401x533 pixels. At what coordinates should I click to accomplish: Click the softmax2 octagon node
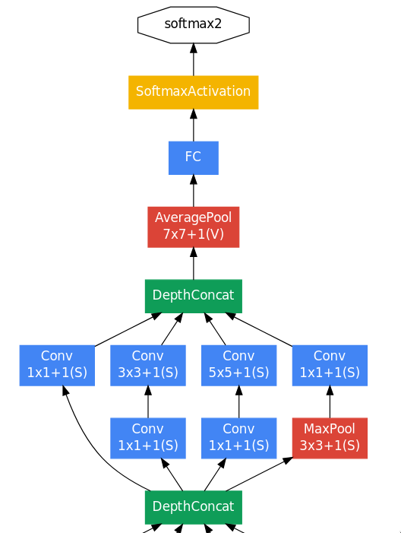tap(194, 24)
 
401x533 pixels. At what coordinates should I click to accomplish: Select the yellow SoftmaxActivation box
tap(194, 92)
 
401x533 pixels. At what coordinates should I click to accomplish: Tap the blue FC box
tap(194, 157)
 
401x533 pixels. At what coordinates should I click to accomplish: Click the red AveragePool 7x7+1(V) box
tap(194, 227)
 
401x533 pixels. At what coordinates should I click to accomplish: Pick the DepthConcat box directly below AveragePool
tap(194, 296)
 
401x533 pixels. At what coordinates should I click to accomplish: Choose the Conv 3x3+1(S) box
tap(148, 366)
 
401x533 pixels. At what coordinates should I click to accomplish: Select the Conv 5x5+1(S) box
tap(239, 366)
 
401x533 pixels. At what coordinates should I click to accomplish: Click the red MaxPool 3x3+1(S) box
tap(330, 438)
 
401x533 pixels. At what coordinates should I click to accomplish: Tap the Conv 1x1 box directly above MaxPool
tap(330, 366)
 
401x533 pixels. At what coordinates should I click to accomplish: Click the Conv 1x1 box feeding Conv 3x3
tap(148, 438)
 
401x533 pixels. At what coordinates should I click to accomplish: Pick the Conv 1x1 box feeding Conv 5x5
tap(239, 438)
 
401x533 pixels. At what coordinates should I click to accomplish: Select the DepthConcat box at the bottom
tap(194, 507)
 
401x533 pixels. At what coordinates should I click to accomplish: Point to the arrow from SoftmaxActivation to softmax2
tap(194, 59)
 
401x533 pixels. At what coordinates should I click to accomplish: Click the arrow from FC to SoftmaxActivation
tap(194, 125)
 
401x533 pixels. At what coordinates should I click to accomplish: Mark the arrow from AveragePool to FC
tap(194, 191)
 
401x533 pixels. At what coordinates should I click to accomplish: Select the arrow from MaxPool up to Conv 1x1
tap(330, 402)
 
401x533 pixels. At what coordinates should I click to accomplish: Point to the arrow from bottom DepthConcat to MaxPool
tap(259, 474)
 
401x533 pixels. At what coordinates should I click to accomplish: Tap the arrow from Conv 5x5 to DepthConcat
tap(215, 329)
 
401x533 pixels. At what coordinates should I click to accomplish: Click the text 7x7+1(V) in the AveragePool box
tap(194, 234)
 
